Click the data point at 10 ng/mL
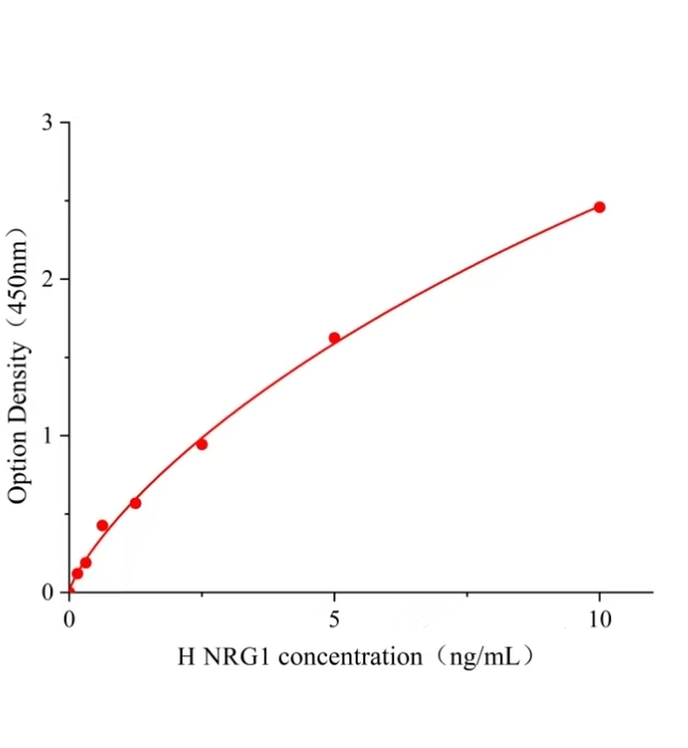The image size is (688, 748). pyautogui.click(x=599, y=207)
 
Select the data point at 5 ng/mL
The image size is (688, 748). pyautogui.click(x=334, y=338)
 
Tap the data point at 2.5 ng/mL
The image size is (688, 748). pyautogui.click(x=201, y=444)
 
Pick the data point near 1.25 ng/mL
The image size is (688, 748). pyautogui.click(x=135, y=503)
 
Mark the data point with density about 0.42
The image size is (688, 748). pyautogui.click(x=102, y=525)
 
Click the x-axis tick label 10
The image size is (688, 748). pyautogui.click(x=599, y=620)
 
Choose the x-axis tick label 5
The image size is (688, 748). pyautogui.click(x=335, y=620)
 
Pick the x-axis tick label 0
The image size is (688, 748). pyautogui.click(x=70, y=620)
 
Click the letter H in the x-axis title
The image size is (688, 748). pyautogui.click(x=186, y=657)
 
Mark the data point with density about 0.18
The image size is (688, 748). pyautogui.click(x=86, y=563)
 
